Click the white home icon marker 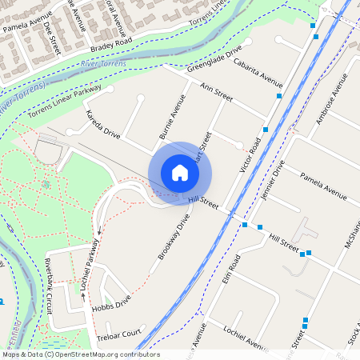pos(180,172)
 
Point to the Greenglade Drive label pos(214,61)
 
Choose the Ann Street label pos(216,92)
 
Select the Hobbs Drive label pos(111,305)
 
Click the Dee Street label pos(53,38)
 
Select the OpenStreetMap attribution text pos(80,354)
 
